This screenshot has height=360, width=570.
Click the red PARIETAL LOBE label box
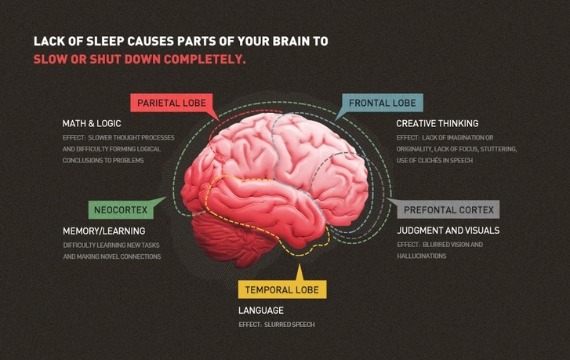pos(171,103)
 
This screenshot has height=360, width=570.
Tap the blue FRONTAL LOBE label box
pos(383,103)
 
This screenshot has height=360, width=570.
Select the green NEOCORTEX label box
pos(121,210)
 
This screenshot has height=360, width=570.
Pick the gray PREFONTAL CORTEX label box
pos(448,210)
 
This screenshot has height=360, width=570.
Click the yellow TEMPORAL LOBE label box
pos(282,290)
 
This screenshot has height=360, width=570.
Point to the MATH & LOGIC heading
pos(92,124)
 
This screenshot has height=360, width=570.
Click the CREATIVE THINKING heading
pos(437,124)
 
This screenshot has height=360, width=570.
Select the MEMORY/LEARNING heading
pos(104,231)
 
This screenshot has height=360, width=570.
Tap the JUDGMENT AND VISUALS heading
pos(448,230)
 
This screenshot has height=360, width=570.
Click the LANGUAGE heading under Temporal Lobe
pos(261,310)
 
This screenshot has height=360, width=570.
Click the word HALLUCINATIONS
pos(422,256)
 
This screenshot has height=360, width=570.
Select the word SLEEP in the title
pos(105,41)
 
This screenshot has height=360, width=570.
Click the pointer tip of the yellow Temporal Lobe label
pos(300,264)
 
